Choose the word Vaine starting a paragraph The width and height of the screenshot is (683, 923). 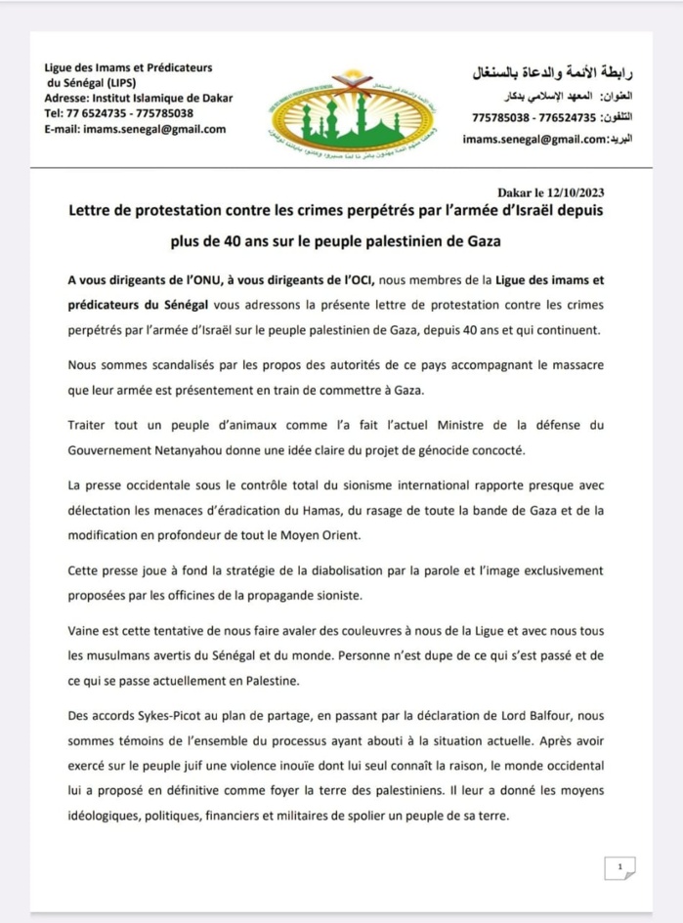pos(88,632)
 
